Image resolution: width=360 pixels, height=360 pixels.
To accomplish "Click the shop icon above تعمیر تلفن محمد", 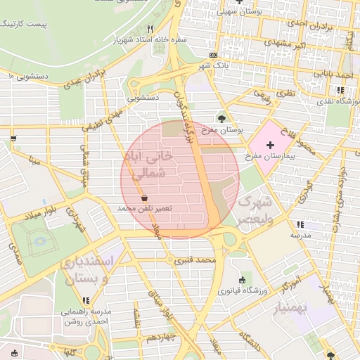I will (145, 198).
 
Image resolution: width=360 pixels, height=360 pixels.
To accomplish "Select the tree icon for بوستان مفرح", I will (222, 119).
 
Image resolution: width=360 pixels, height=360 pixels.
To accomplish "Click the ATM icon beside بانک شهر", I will (213, 55).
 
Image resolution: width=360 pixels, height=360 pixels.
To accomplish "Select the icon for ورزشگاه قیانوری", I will (243, 280).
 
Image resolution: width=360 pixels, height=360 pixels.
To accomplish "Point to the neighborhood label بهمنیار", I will (288, 307).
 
